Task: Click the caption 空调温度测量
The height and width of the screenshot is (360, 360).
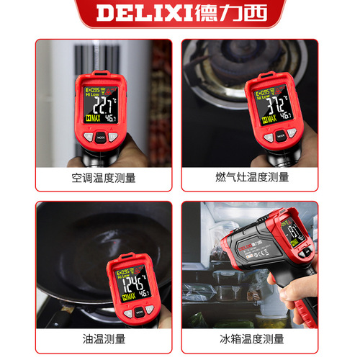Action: coord(104,177)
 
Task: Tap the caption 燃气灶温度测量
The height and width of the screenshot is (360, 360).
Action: coord(252,177)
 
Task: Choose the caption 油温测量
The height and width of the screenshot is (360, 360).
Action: coord(104,339)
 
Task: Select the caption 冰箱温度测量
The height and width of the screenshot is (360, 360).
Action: coord(252,339)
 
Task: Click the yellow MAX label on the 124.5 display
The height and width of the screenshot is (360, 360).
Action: coord(125,295)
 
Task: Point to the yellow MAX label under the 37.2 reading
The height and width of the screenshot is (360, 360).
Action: coord(260,116)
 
